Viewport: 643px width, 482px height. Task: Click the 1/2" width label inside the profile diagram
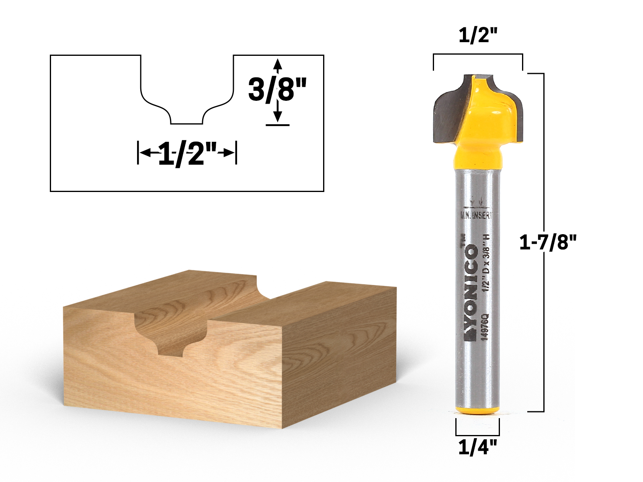(187, 153)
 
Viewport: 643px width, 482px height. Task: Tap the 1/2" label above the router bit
(478, 36)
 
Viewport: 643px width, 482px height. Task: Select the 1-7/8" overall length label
(548, 243)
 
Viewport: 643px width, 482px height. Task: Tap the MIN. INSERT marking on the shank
(476, 215)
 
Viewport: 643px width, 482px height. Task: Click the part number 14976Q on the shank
(485, 327)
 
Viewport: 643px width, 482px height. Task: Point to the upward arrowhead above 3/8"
(277, 64)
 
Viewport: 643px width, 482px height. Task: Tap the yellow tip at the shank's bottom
(477, 410)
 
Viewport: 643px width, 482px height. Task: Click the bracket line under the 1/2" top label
(478, 54)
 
